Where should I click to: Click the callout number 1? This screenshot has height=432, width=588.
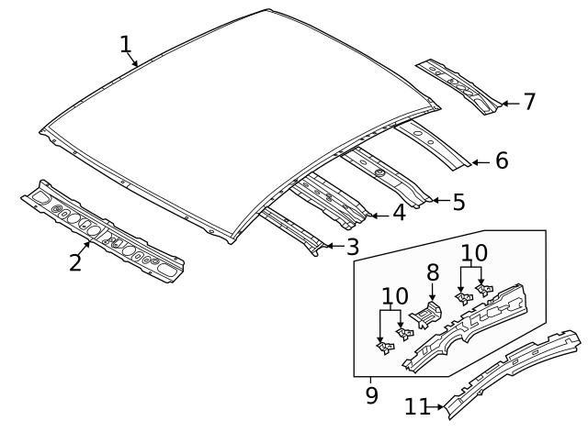[x=126, y=44]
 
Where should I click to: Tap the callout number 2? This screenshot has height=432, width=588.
[x=75, y=261]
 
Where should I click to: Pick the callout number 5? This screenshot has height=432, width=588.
[x=458, y=201]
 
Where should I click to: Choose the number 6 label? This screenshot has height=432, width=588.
[x=501, y=161]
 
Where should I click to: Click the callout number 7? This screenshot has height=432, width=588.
[x=528, y=102]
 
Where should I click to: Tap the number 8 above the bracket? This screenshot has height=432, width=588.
[x=433, y=273]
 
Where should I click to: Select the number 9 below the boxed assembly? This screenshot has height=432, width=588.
[x=371, y=394]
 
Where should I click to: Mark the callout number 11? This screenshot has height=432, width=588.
[x=416, y=404]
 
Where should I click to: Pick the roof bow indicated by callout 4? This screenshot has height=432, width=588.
[x=331, y=199]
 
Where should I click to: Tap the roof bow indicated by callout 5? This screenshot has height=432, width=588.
[x=386, y=175]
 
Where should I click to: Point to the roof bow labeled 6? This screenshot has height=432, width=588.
[x=432, y=144]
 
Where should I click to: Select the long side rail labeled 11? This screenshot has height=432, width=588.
[x=514, y=367]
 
